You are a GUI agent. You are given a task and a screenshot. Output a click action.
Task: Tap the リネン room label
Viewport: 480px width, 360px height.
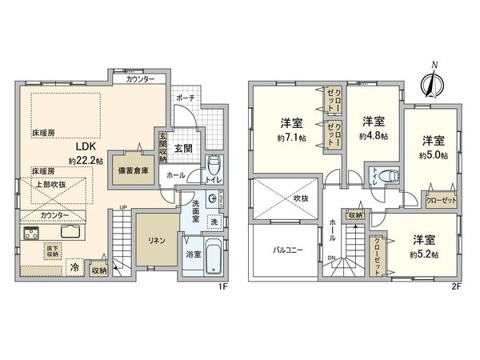(x=155, y=241)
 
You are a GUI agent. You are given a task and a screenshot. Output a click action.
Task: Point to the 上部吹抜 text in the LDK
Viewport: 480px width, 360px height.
(x=50, y=185)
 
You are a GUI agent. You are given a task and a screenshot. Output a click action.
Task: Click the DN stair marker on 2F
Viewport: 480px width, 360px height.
(x=330, y=257)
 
